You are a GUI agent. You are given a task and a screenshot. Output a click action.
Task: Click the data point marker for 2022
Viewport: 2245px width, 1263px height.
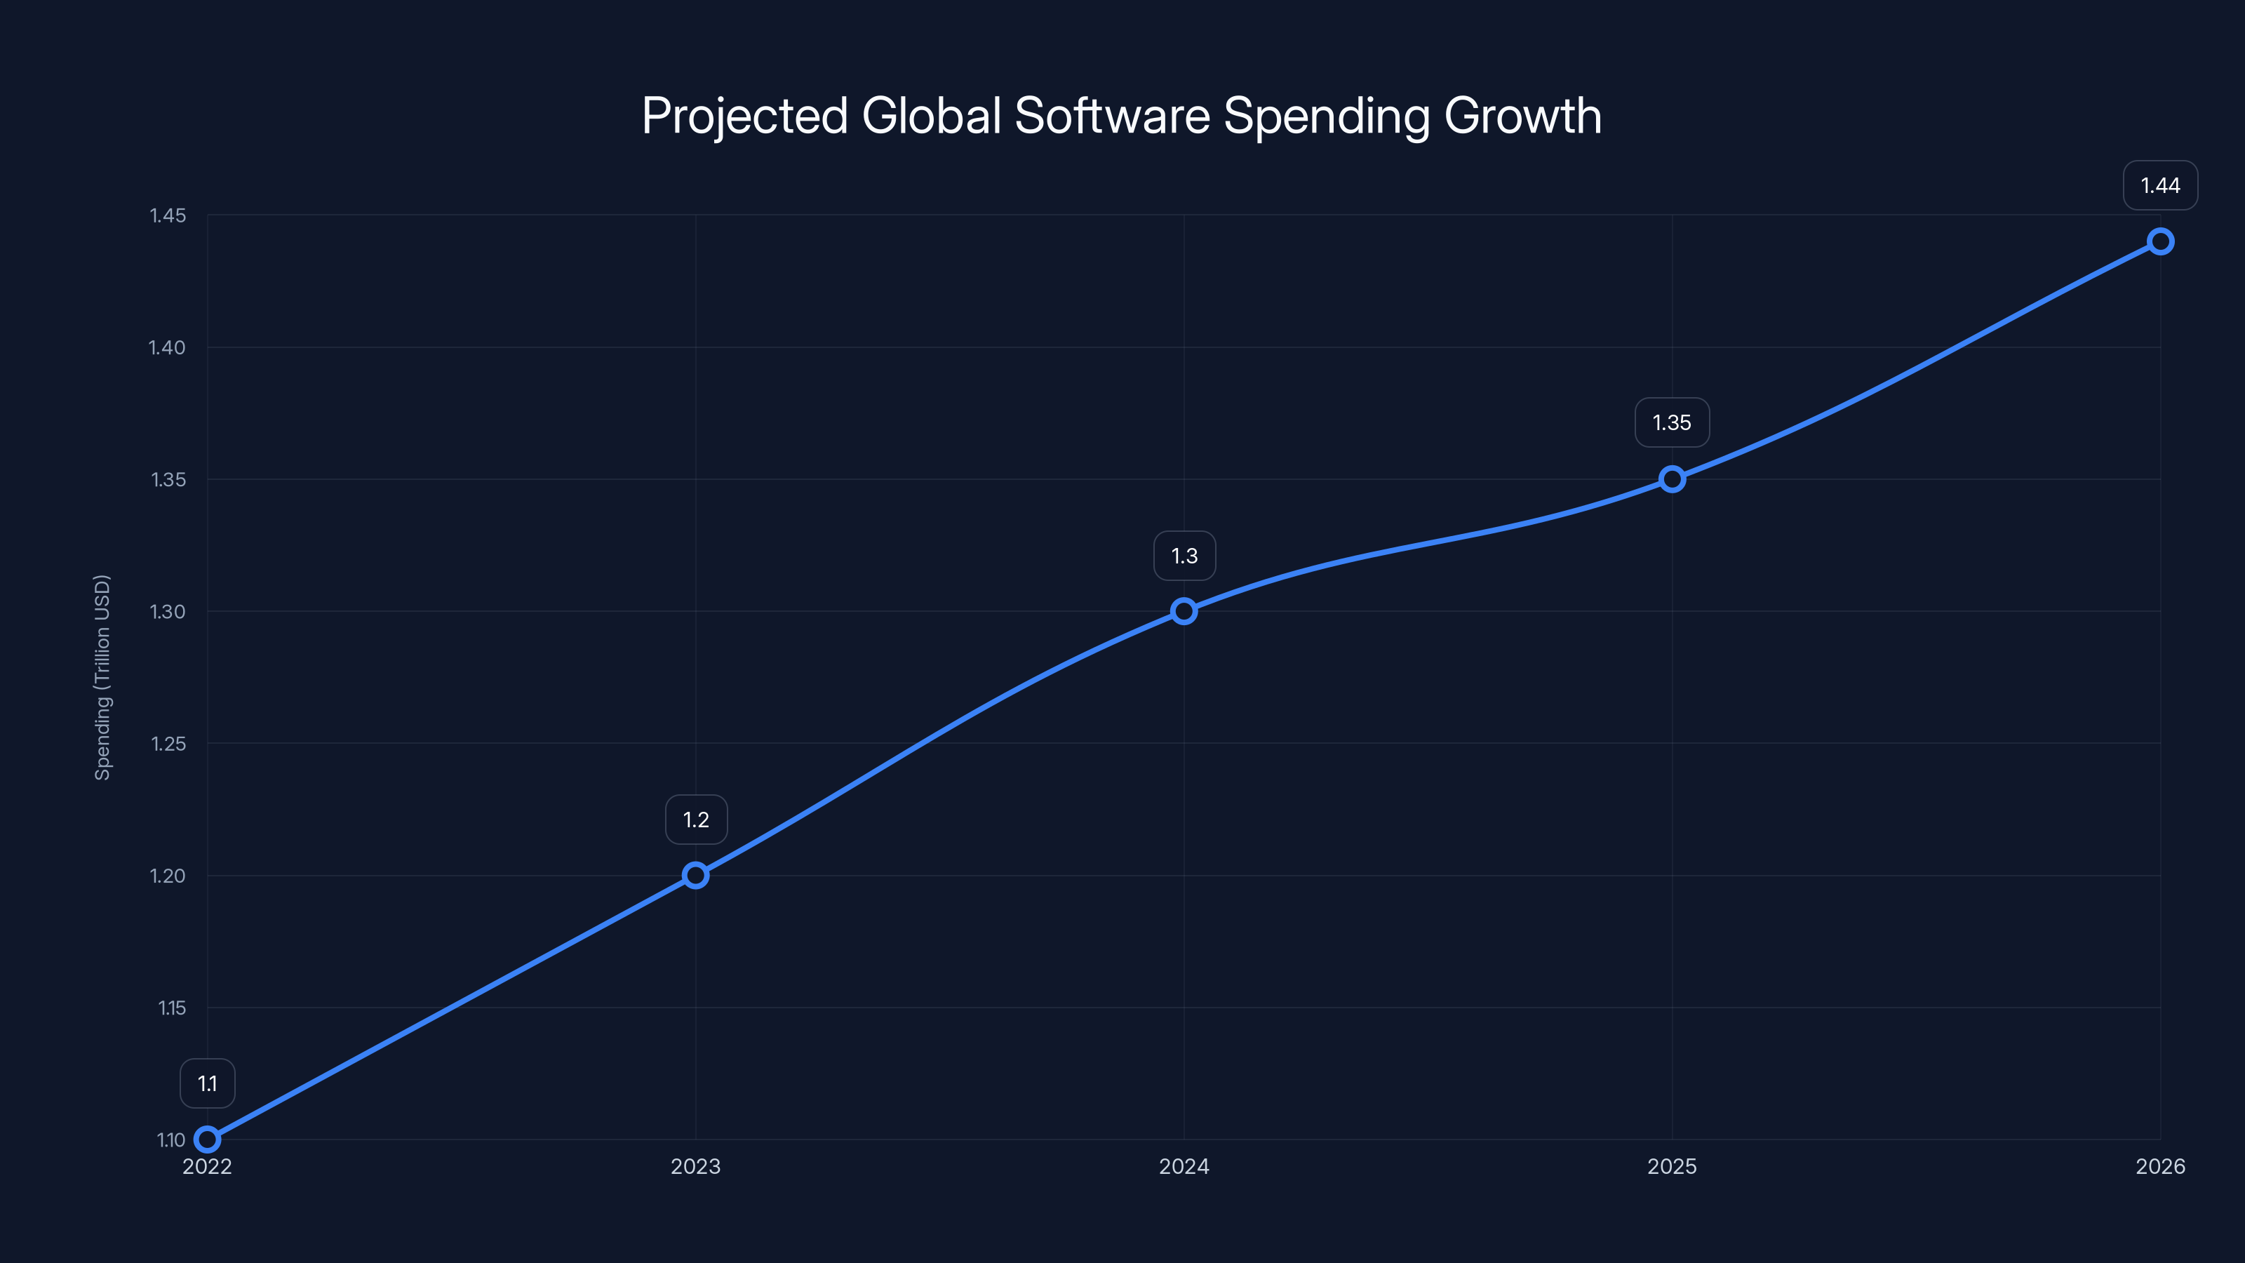(x=208, y=1140)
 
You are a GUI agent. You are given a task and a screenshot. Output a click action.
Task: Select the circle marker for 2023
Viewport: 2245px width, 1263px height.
(x=695, y=875)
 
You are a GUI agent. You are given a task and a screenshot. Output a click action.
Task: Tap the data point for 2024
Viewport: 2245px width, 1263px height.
(x=1184, y=611)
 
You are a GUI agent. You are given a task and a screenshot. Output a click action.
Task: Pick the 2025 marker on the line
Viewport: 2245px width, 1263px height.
(x=1672, y=479)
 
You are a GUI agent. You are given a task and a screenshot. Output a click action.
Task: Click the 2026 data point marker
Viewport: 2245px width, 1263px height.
(x=2159, y=241)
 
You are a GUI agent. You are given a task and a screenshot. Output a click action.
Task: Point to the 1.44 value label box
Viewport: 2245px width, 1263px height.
(x=2159, y=186)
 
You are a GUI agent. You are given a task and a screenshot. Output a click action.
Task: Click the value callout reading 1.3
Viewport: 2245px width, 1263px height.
(x=1184, y=556)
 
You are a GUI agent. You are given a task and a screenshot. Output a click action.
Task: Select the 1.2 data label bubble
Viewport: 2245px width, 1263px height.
(x=695, y=820)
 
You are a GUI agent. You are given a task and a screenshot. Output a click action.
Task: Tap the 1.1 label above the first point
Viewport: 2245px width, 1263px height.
(x=208, y=1083)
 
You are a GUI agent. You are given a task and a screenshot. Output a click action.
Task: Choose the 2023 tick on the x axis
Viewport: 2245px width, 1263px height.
(x=695, y=1166)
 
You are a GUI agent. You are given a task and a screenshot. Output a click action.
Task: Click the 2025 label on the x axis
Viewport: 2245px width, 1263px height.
(x=1672, y=1166)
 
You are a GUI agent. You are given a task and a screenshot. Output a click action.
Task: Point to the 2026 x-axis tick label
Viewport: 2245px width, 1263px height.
(x=2159, y=1166)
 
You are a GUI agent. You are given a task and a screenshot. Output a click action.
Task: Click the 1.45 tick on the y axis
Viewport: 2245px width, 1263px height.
(x=168, y=215)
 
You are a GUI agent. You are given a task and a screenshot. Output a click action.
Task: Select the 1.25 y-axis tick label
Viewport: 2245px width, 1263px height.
(x=168, y=744)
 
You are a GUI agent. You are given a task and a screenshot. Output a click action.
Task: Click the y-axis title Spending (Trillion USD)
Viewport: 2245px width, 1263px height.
(x=103, y=677)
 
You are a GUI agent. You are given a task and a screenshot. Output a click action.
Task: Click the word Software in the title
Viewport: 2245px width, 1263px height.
(x=1112, y=116)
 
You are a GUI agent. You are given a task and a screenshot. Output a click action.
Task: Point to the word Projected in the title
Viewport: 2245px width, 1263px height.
(x=745, y=116)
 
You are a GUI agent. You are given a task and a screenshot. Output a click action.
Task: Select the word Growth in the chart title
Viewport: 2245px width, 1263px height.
(x=1522, y=116)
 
